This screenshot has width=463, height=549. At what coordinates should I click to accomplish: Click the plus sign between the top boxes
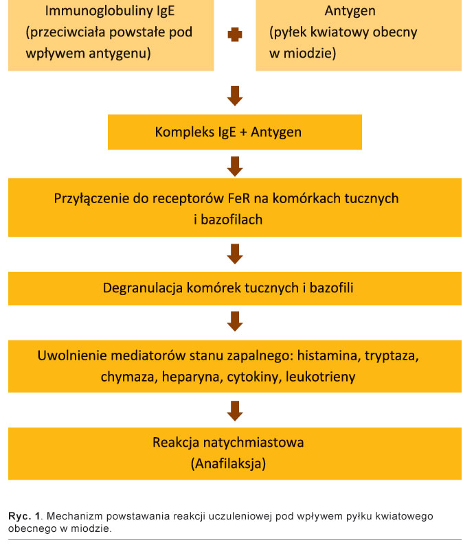tap(235, 35)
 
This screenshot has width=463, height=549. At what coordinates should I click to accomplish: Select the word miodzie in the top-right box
tap(313, 52)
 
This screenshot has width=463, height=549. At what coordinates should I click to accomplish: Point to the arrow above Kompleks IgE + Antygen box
tap(235, 95)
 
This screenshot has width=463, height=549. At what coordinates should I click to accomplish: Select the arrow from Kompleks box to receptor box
tap(235, 165)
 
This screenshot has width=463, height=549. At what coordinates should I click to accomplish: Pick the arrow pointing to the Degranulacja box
tap(235, 254)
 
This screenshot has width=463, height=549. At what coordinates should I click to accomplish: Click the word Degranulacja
tap(143, 288)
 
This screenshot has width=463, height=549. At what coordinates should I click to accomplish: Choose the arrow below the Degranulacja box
tap(235, 321)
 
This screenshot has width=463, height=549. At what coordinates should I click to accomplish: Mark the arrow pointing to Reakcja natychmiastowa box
tap(235, 410)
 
